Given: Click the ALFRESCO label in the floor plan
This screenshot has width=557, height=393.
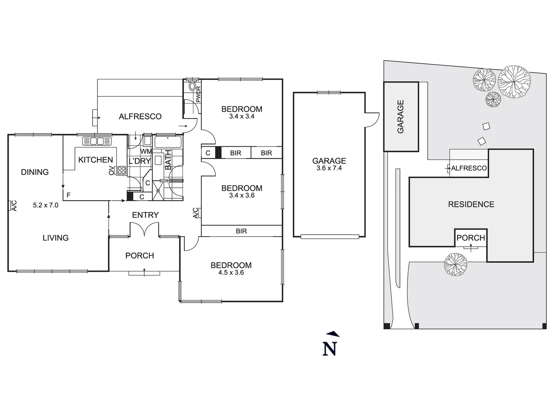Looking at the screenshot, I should point(140,116).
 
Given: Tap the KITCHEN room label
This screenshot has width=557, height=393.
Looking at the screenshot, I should point(95,160).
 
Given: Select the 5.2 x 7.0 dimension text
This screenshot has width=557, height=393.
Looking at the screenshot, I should point(46,205).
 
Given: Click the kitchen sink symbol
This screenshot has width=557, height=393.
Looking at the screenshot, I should point(97,141).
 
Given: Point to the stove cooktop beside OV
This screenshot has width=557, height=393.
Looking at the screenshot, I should point(121,170).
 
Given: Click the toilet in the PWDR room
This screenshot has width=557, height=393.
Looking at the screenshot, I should point(192,87).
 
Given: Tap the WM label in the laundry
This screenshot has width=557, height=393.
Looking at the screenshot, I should point(146,151).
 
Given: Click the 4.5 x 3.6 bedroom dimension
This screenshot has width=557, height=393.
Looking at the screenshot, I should point(231,273).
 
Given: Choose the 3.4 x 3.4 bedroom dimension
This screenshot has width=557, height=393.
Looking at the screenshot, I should point(242,116).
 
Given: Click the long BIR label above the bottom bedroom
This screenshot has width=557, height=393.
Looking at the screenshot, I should point(241,231).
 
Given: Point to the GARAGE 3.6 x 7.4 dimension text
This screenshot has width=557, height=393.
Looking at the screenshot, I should point(329,168).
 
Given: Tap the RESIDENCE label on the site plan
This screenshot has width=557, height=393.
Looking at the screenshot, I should point(471,205).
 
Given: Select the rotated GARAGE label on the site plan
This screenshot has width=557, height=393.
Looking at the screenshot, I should point(401,117).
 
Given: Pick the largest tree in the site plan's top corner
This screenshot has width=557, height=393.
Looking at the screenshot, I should point(514,81).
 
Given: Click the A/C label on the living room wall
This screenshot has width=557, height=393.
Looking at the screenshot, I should point(13,206).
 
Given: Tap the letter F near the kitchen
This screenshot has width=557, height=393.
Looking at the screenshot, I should point(68,195).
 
